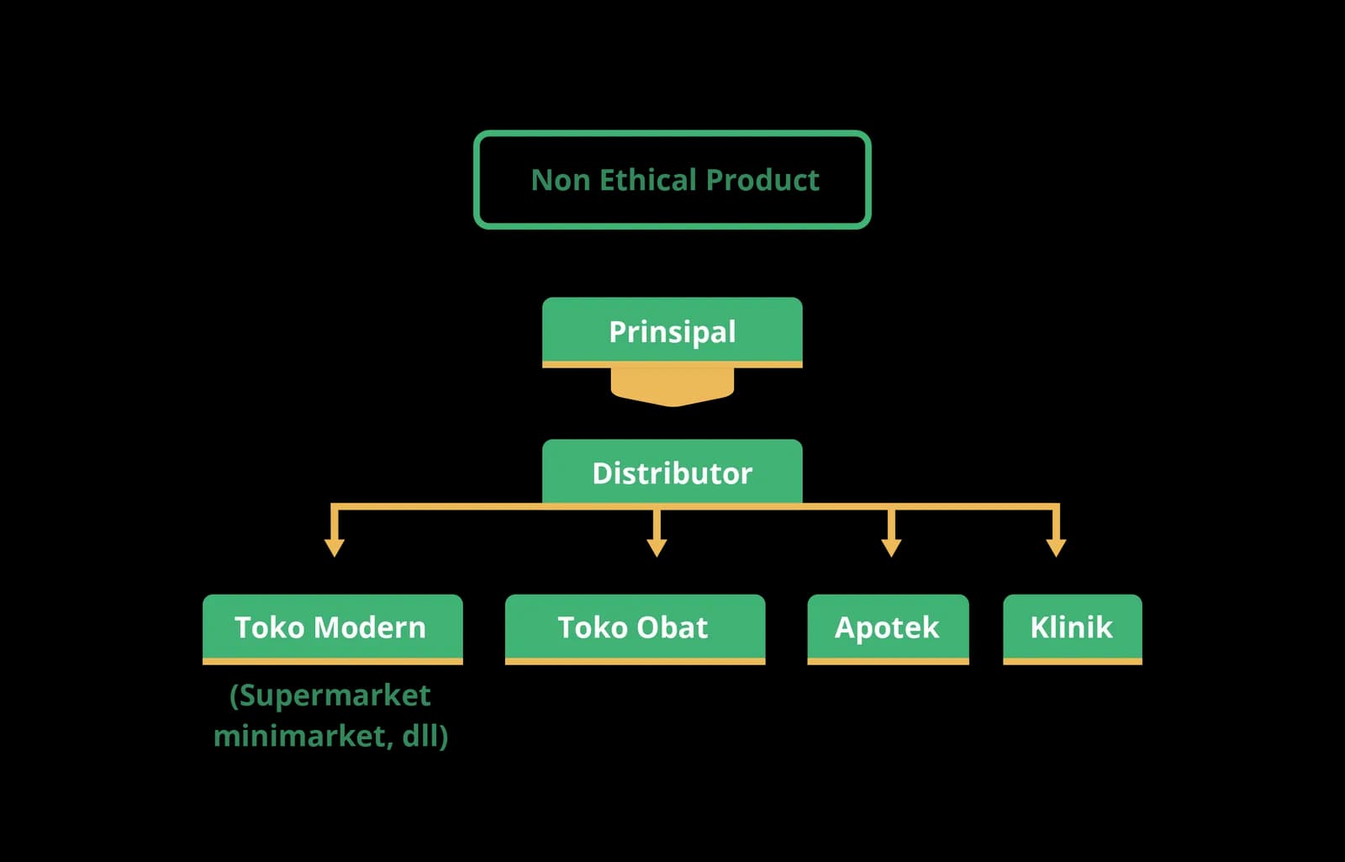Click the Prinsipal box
click(x=672, y=331)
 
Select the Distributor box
click(x=672, y=472)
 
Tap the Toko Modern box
click(x=333, y=629)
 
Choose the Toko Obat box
click(x=635, y=629)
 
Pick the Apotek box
click(x=888, y=629)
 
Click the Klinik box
click(x=1073, y=629)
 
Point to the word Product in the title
click(x=762, y=180)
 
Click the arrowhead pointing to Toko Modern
click(x=335, y=547)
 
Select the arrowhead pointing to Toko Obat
click(x=657, y=547)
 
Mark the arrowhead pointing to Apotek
click(x=891, y=547)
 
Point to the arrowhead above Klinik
click(x=1056, y=547)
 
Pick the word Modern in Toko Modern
click(x=369, y=627)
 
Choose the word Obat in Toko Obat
click(x=672, y=627)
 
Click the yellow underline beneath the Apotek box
click(x=888, y=661)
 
